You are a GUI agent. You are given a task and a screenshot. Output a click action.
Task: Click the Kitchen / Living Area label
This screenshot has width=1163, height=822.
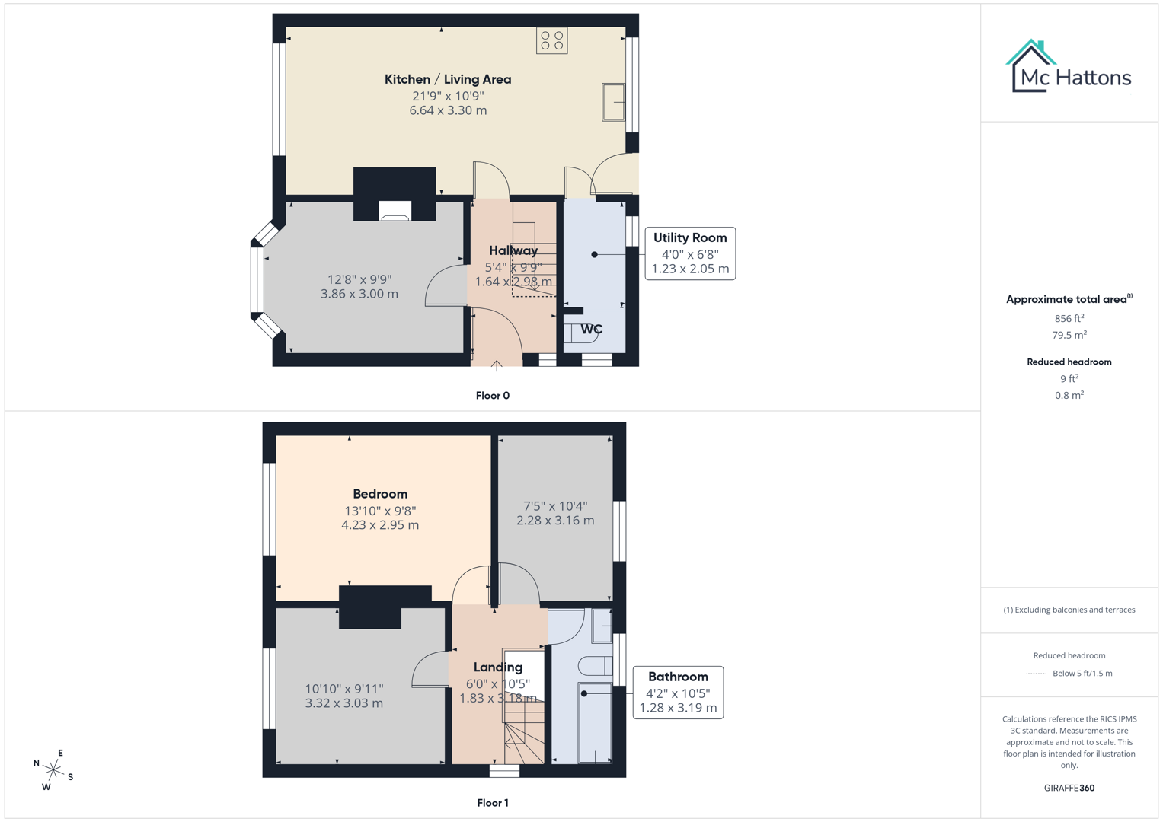447,79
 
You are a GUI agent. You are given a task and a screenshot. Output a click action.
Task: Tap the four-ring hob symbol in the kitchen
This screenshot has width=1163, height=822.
551,41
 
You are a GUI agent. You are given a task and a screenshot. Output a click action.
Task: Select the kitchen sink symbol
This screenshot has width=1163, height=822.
614,102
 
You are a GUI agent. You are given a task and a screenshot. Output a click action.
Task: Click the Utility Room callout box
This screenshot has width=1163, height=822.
690,253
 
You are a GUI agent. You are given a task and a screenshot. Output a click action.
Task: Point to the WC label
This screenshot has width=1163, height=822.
591,330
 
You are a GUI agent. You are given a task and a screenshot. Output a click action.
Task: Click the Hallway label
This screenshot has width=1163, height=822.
513,250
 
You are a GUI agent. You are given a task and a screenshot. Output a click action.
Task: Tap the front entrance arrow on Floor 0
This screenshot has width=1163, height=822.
497,365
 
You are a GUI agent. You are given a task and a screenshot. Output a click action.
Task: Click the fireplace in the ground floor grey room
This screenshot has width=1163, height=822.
395,211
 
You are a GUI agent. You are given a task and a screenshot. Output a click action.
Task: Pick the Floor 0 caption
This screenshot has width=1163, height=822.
492,396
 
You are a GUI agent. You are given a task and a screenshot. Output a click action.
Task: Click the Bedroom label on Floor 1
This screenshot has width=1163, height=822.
380,494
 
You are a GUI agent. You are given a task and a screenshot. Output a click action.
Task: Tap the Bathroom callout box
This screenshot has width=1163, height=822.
678,693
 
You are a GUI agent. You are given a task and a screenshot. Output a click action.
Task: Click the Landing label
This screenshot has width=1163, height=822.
498,667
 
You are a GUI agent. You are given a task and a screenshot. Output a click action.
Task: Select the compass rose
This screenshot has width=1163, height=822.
53,770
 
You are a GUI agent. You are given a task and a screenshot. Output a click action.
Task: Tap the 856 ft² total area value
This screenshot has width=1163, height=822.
1069,319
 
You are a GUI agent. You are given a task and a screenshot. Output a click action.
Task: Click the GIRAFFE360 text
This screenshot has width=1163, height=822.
1069,788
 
